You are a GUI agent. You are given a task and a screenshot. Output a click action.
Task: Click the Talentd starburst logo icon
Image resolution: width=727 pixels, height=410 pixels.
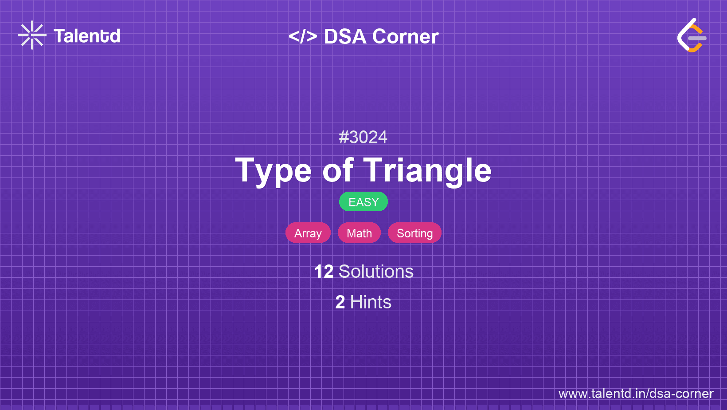[x=32, y=35]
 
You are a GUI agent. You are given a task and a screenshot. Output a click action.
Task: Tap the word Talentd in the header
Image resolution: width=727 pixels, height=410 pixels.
[x=87, y=36]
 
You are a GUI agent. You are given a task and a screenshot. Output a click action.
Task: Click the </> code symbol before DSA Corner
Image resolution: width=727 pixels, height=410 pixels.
[x=303, y=36]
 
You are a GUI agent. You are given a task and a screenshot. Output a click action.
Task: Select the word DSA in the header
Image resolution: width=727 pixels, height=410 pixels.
[x=345, y=36]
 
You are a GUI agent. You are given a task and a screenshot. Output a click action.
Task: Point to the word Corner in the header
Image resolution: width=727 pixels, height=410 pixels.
[x=405, y=36]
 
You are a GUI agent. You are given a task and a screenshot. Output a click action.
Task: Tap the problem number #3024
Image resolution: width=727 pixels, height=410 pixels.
[x=363, y=137]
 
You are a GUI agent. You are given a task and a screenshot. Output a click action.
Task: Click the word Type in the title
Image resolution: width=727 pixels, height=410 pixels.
[x=273, y=171]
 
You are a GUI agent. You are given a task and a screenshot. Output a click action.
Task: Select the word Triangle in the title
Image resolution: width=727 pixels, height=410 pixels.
[x=427, y=171]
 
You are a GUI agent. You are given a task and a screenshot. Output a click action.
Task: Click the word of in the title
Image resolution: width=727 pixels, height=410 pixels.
[x=337, y=170]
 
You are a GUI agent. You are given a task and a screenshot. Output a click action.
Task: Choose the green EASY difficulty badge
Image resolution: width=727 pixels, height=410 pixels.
[x=363, y=202]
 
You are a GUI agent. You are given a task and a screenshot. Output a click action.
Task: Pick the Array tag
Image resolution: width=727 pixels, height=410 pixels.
[x=308, y=233]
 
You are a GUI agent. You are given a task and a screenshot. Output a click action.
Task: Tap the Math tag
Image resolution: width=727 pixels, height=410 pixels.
[x=359, y=233]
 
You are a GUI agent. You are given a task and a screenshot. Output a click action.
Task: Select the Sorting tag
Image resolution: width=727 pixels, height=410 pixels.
[x=415, y=233]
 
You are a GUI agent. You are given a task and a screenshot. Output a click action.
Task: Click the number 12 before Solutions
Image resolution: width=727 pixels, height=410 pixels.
[x=324, y=272]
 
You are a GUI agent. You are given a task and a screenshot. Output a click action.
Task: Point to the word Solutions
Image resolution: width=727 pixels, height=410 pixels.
[x=376, y=272]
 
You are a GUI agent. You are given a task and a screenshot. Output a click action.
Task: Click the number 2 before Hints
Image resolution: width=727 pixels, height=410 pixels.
[x=340, y=303]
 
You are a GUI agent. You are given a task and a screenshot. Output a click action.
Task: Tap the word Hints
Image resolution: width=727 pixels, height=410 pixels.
[x=371, y=303]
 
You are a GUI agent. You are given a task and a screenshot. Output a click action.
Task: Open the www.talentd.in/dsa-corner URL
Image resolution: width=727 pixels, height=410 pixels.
[x=636, y=394]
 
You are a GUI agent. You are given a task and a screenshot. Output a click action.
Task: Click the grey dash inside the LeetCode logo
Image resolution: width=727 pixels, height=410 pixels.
[x=697, y=38]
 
